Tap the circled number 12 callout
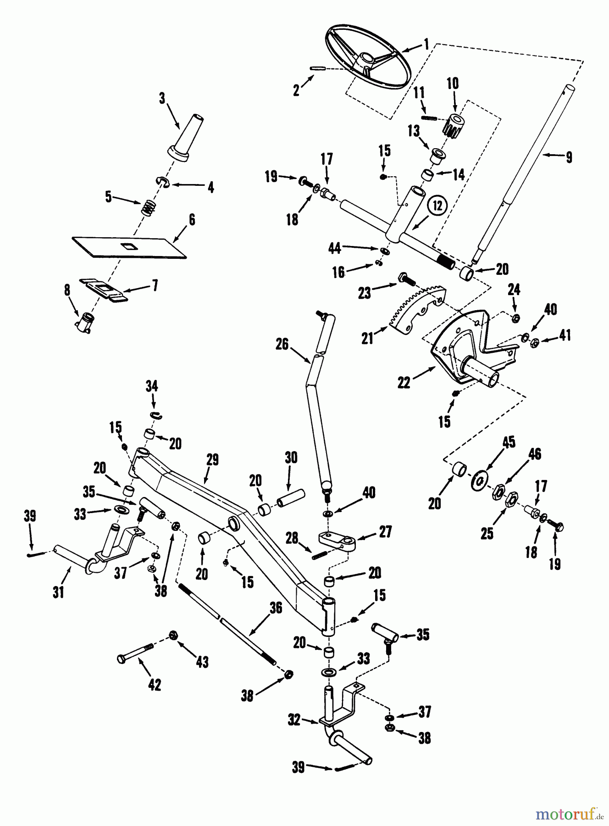tap(437, 206)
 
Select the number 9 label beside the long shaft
tap(569, 157)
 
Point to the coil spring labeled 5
tap(147, 208)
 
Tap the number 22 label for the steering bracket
tap(404, 382)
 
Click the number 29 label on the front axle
tap(212, 460)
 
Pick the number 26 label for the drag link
tap(282, 344)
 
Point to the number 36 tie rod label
tap(275, 608)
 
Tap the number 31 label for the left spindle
tap(58, 592)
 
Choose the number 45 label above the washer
tap(509, 442)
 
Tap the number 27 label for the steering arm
tap(385, 532)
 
